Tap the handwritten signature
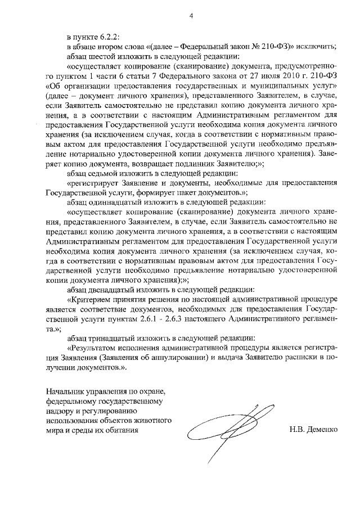pyautogui.click(x=225, y=430)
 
